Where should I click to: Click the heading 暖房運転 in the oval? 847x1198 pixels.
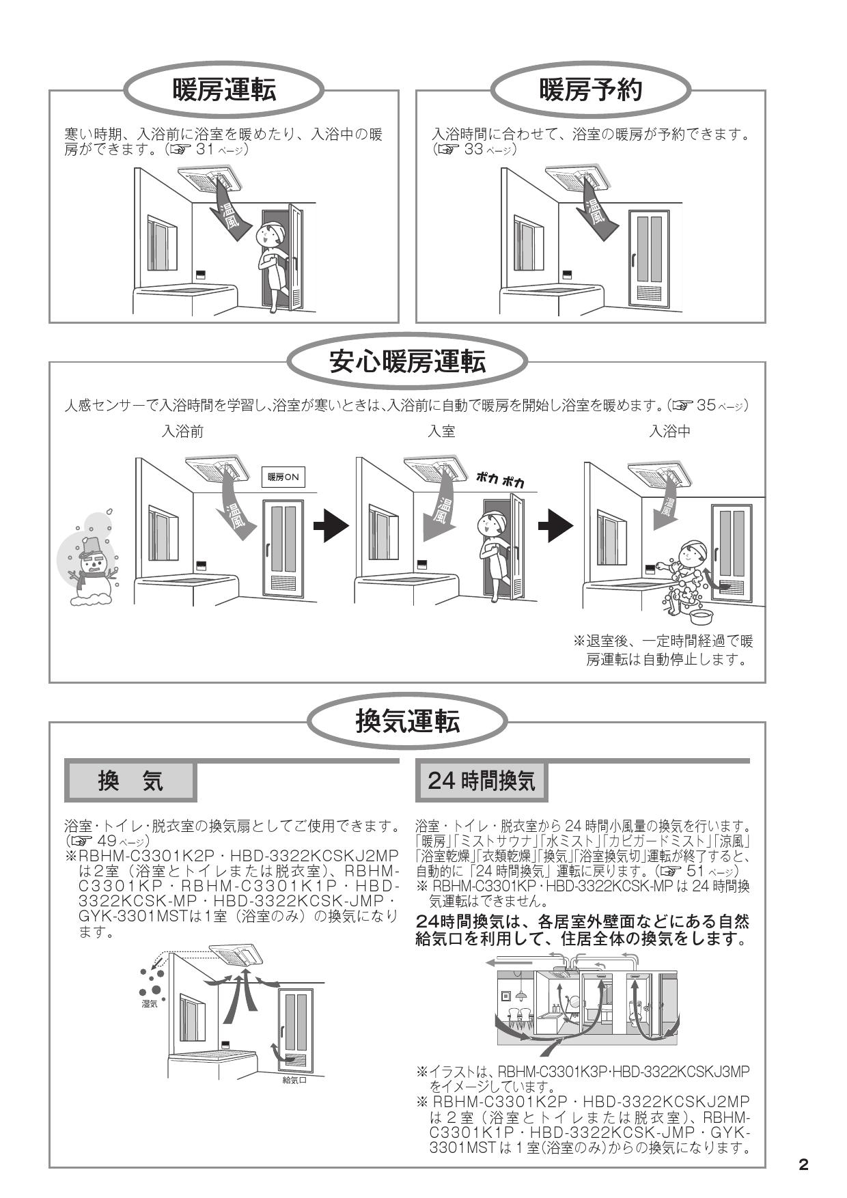pos(224,89)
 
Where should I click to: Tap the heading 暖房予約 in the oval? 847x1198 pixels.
pos(591,89)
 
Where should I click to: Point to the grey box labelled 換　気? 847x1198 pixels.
pos(130,781)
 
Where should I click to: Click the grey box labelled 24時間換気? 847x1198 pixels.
pos(482,781)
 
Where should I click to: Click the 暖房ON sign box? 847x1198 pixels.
pos(283,477)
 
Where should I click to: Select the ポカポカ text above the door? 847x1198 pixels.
pos(501,479)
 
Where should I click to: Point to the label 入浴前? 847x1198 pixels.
pos(182,432)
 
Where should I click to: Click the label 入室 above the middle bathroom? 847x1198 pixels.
pos(441,432)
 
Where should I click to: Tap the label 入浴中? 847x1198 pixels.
pos(669,432)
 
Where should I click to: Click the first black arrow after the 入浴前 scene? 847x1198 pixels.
pos(331,526)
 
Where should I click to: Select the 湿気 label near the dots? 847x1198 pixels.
pos(149,1004)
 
